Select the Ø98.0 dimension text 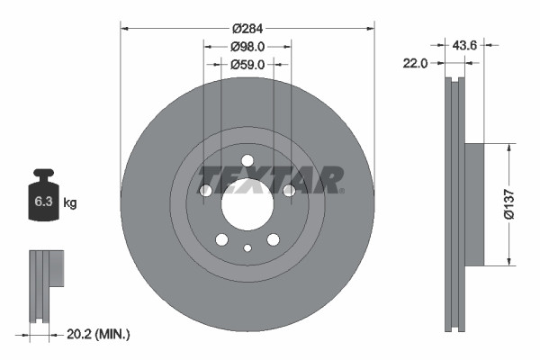click(247, 45)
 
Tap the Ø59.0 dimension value click(247, 64)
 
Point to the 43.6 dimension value click(464, 44)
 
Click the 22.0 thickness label click(417, 63)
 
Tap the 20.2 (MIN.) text click(99, 334)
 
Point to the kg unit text click(70, 203)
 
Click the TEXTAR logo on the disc click(270, 179)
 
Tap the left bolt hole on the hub click(205, 191)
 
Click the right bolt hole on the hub click(289, 191)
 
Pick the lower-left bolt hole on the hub click(221, 239)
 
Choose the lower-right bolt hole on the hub click(273, 239)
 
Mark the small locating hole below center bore click(247, 248)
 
